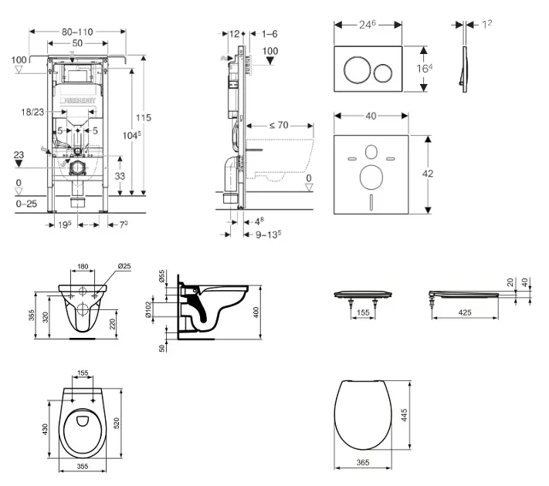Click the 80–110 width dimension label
click(x=76, y=32)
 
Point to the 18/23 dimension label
click(x=33, y=112)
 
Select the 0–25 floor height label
click(x=25, y=204)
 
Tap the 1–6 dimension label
click(x=269, y=33)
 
